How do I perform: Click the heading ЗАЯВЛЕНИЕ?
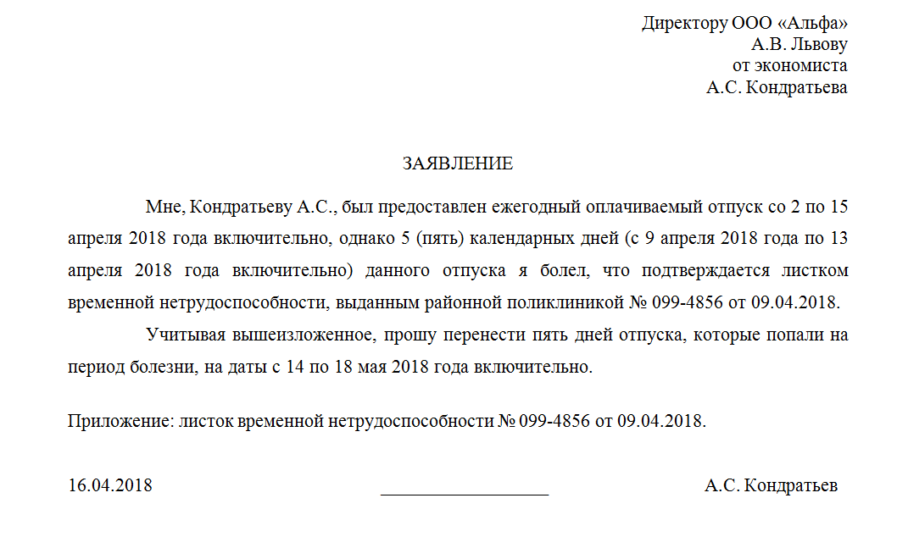tap(458, 164)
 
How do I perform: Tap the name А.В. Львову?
tap(799, 45)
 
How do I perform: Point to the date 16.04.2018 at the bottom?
tap(110, 486)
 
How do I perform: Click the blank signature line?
tap(465, 488)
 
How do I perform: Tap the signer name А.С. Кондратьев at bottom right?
tap(771, 486)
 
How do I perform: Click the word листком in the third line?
tap(813, 271)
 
